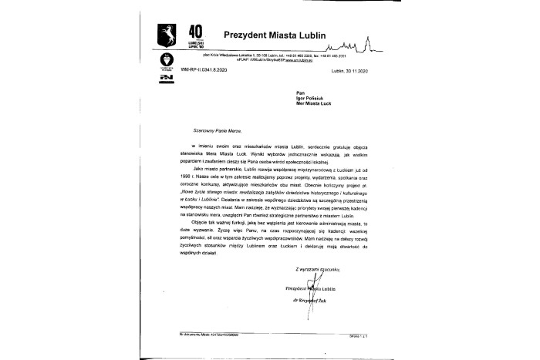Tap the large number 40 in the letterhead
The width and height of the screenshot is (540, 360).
pyautogui.click(x=196, y=30)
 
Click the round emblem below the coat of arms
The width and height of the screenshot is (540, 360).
pyautogui.click(x=164, y=59)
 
